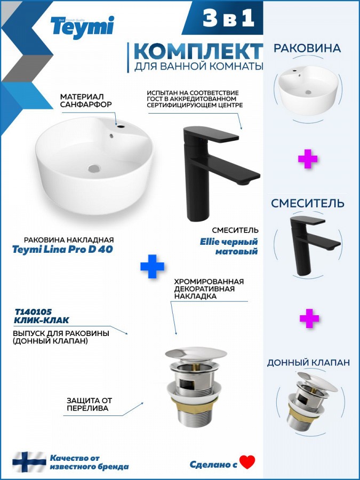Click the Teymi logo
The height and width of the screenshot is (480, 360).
[x=82, y=28]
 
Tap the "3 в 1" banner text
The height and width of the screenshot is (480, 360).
[x=228, y=18]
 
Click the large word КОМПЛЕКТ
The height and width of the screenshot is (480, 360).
[x=198, y=51]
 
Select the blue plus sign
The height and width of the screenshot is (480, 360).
[x=152, y=266]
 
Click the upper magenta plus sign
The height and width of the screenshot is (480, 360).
[x=308, y=158]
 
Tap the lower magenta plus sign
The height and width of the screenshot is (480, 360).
[x=309, y=318]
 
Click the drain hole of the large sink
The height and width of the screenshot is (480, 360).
[x=94, y=168]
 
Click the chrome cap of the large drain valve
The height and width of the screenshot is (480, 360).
[x=196, y=353]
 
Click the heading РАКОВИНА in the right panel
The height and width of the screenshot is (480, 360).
[x=307, y=49]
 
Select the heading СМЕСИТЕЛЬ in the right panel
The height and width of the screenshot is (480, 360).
[x=308, y=203]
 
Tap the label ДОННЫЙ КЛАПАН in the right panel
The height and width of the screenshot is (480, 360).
[x=308, y=363]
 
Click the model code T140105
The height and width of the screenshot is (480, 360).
[x=34, y=312]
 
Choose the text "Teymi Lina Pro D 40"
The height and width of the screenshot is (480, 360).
[x=62, y=249]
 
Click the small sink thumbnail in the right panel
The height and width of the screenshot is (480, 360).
[x=308, y=90]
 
